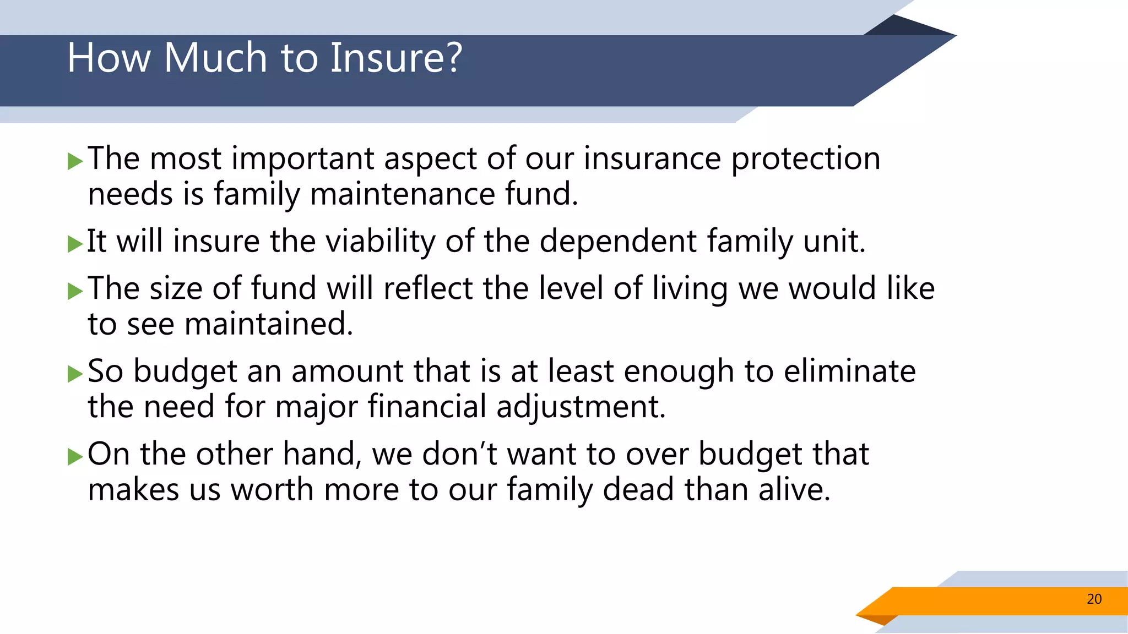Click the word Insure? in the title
(x=396, y=58)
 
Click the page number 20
(x=1094, y=599)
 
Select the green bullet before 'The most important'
(x=75, y=161)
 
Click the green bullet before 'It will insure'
(x=75, y=244)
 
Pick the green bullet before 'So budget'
(x=75, y=374)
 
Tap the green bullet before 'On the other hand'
(x=75, y=456)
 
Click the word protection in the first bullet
(x=805, y=160)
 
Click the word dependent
(x=618, y=242)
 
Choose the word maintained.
(x=268, y=324)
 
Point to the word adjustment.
(x=581, y=408)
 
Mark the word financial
(x=427, y=407)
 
